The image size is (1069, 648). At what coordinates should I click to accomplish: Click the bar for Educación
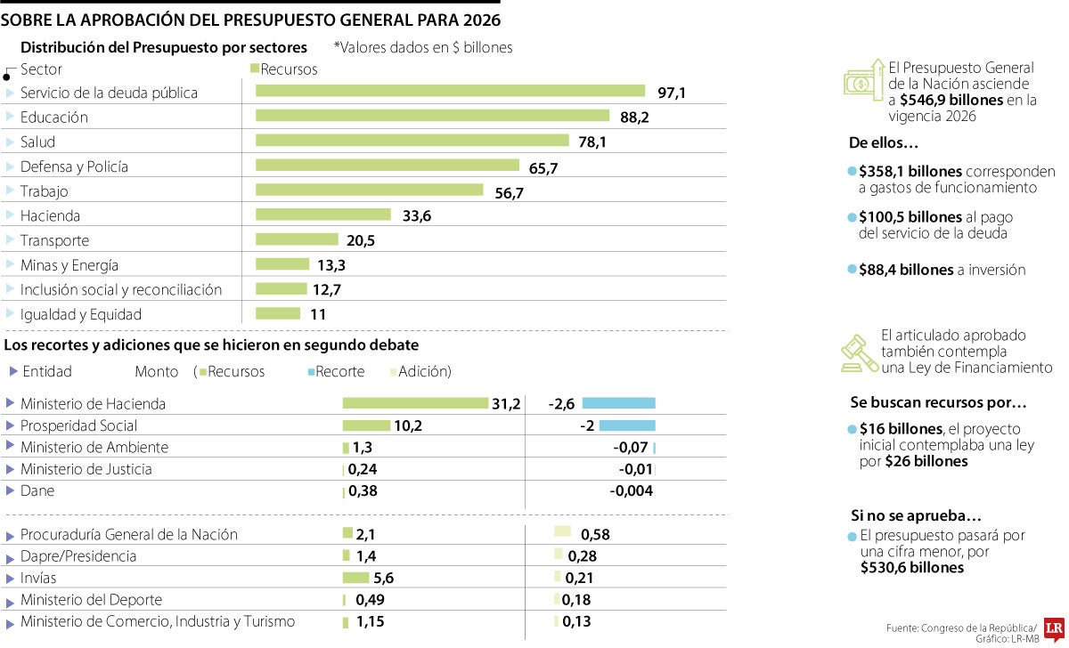point(432,116)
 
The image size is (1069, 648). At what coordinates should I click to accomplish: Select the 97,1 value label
point(672,93)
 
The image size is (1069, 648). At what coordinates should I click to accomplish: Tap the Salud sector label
point(37,142)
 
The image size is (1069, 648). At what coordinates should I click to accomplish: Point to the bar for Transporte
point(297,239)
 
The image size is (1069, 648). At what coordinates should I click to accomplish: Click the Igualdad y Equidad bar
point(278,313)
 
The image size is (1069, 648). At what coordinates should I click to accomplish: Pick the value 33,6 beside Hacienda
point(414,215)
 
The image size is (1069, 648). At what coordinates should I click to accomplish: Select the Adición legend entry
point(424,371)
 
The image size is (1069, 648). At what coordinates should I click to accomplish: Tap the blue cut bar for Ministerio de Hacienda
point(619,403)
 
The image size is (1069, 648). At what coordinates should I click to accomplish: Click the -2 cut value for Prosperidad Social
point(586,425)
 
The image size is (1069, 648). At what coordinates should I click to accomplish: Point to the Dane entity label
point(37,490)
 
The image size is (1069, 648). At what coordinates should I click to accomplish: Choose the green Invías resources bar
point(355,578)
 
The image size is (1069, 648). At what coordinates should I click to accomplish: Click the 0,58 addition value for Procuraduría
point(594,535)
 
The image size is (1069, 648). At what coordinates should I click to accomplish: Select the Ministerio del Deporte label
point(91,600)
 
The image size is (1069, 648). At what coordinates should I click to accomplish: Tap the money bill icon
point(861,81)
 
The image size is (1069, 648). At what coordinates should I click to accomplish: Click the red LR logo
point(1055,628)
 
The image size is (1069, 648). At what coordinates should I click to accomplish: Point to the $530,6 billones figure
point(912,567)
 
